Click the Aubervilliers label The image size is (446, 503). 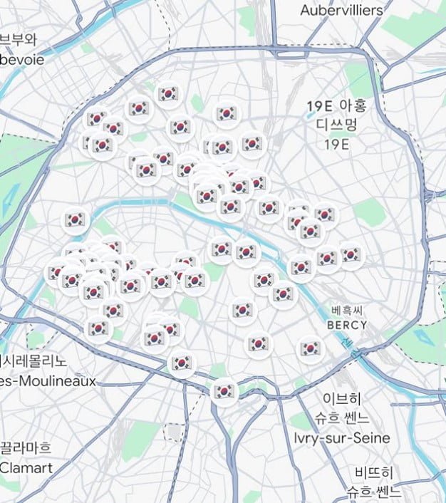click(341, 11)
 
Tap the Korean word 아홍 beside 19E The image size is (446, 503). click(352, 106)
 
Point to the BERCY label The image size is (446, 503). click(347, 325)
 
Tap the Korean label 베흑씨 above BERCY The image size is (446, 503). click(347, 311)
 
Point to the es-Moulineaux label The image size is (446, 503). click(48, 381)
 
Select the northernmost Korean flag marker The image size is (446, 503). click(168, 93)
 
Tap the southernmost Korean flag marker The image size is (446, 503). click(224, 391)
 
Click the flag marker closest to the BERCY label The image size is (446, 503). click(310, 348)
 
